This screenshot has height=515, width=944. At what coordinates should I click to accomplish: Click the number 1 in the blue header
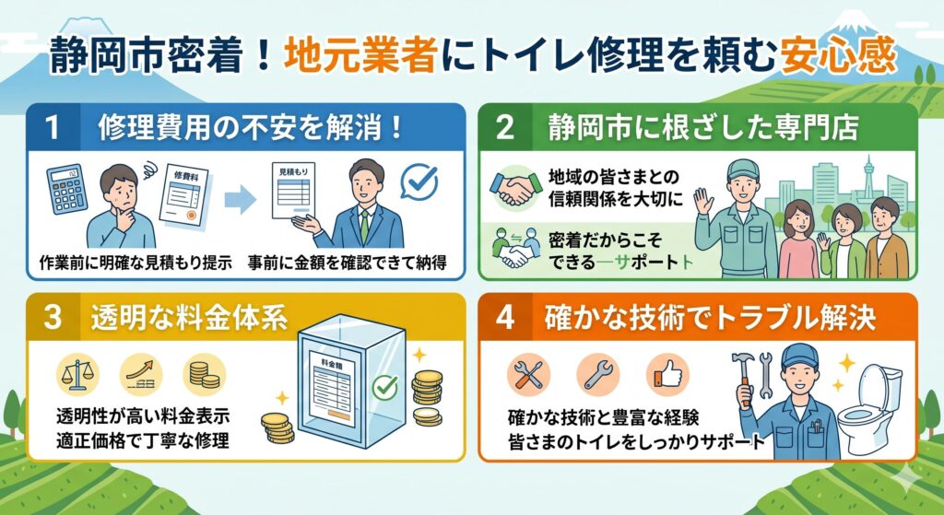[x=53, y=128]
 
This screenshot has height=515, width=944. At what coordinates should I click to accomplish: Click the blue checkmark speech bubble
[x=421, y=182]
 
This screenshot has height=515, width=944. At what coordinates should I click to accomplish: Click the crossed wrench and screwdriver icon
[x=529, y=374]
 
